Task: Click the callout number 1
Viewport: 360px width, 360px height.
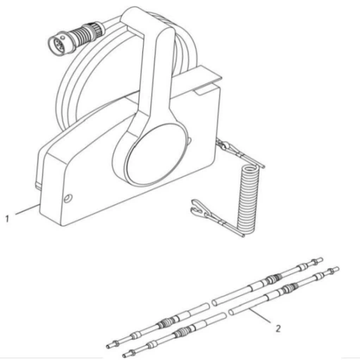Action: click(x=7, y=219)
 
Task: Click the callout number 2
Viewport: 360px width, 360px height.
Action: click(x=278, y=328)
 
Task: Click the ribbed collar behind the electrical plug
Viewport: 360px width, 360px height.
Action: click(x=82, y=35)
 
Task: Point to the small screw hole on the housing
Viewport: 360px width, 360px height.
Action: click(x=68, y=199)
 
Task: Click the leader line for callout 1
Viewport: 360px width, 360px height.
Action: click(x=27, y=209)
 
